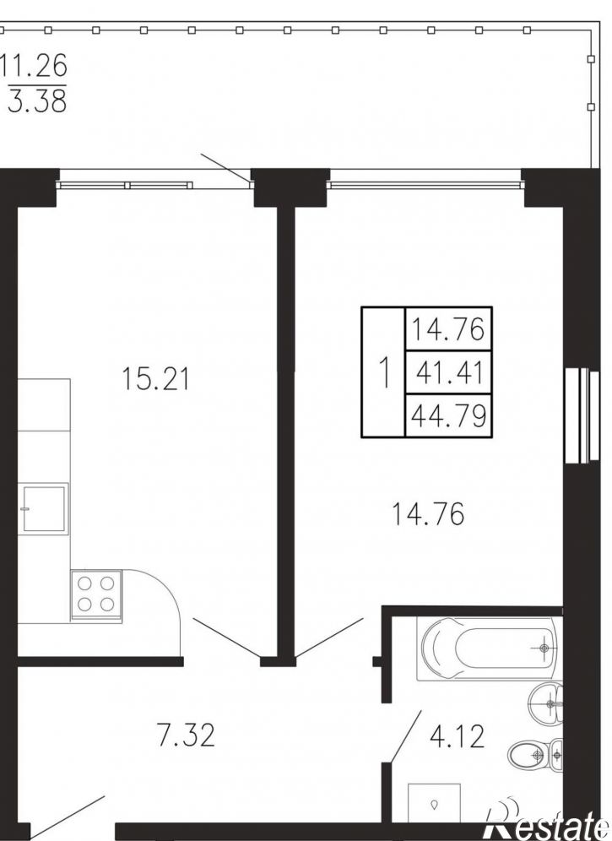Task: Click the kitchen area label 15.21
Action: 155,378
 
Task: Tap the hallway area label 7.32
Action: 186,735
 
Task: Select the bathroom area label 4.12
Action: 457,736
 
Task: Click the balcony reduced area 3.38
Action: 37,100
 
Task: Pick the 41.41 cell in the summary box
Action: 449,372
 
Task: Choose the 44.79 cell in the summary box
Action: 449,415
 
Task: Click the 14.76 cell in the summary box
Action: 448,328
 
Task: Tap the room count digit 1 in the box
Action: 383,372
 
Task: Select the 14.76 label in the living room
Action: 428,514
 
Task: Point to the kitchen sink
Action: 44,509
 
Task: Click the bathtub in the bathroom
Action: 489,648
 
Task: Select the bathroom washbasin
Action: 545,703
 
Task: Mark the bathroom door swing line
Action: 405,736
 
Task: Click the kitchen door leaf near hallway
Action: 227,638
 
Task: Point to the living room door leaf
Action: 329,638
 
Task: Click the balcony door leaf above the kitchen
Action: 226,169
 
